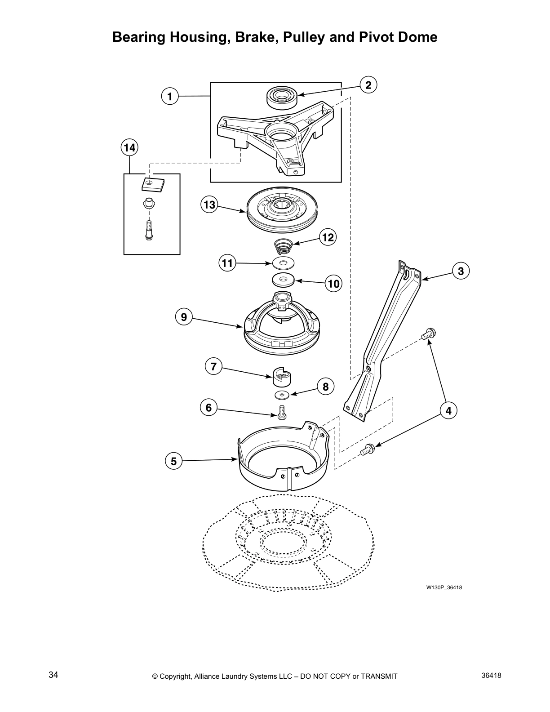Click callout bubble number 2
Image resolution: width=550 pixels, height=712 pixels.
[368, 85]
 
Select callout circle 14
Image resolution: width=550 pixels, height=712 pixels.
[129, 147]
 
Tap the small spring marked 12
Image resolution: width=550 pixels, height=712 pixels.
[284, 247]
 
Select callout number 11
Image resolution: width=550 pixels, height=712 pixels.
[227, 263]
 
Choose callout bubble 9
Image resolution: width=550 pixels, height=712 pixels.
[184, 317]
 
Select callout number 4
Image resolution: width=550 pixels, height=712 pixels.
[448, 410]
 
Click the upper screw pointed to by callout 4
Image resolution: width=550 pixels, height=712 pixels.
[428, 334]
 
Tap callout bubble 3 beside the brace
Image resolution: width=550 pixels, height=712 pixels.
[461, 271]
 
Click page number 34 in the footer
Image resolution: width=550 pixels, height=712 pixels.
[53, 675]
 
